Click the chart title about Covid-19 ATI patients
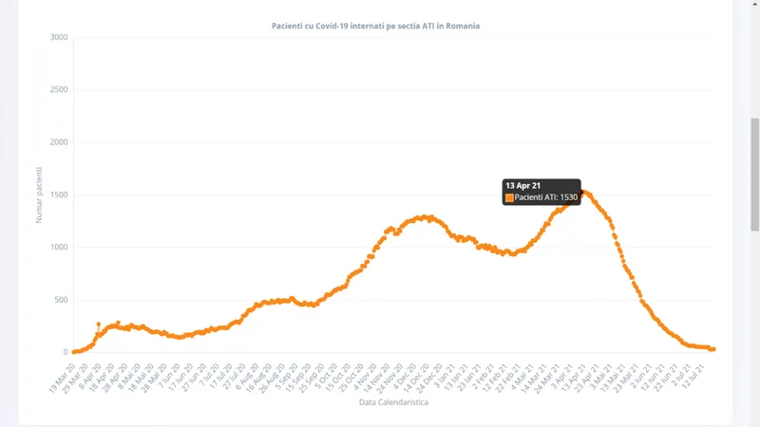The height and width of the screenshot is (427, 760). click(375, 26)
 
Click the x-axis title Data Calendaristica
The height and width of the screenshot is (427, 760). click(393, 402)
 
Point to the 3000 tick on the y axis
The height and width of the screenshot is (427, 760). click(58, 38)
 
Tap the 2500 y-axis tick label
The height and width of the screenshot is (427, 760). click(58, 90)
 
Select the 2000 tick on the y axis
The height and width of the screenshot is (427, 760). click(58, 142)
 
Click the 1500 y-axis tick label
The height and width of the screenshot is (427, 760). click(58, 195)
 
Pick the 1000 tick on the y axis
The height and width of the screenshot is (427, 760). click(58, 248)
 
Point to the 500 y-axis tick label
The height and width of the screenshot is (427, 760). click(60, 300)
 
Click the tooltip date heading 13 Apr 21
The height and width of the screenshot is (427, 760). click(523, 185)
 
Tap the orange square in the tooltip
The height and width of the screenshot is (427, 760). click(509, 197)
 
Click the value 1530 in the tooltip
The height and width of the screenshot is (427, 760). click(568, 197)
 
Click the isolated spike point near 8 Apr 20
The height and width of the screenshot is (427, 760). click(99, 325)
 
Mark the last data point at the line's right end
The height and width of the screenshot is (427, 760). click(712, 349)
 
